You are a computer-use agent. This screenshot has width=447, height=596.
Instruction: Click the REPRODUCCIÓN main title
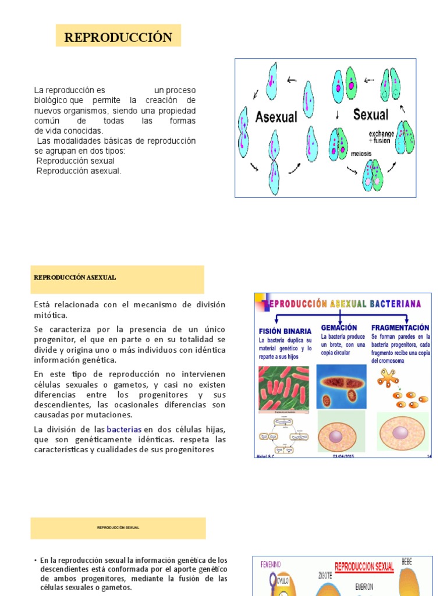coord(118,37)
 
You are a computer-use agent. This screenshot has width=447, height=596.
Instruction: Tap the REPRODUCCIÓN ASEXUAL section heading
coord(75,278)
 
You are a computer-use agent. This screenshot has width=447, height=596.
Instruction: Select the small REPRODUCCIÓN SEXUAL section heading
coord(118,528)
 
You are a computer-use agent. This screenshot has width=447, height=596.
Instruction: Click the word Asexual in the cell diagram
coord(276,117)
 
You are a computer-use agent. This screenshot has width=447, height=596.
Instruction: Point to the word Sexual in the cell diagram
coord(370,115)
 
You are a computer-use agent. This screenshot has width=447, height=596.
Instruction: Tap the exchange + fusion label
coord(381,137)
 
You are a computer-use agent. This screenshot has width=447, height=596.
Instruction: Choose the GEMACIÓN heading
coord(339,328)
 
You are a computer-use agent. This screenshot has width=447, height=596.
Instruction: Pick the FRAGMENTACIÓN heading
coord(400,328)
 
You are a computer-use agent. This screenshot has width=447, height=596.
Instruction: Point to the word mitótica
coord(51,315)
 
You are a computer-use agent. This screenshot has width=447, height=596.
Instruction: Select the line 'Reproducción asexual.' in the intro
coord(79,171)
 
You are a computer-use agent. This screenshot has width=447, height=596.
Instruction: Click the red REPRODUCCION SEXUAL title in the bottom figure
coord(364,566)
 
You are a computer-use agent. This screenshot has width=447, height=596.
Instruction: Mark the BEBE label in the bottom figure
coord(407,561)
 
